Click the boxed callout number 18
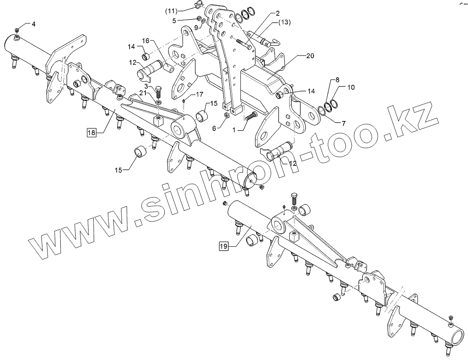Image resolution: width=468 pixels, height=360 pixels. [92, 133]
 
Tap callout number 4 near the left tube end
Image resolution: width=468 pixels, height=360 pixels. [33, 24]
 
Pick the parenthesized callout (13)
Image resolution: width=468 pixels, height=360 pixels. [285, 21]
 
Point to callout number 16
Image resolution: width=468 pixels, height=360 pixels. [145, 41]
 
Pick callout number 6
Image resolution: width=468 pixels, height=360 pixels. [216, 128]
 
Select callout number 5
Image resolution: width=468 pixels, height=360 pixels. [174, 20]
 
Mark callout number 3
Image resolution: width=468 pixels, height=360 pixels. [146, 86]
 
